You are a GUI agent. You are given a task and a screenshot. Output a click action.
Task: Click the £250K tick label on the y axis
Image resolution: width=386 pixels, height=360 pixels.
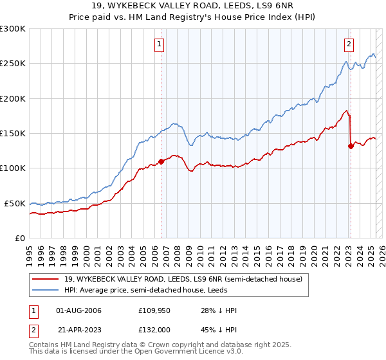tap(13, 64)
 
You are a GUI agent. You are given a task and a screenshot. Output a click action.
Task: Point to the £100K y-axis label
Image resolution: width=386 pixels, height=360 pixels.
tap(13, 168)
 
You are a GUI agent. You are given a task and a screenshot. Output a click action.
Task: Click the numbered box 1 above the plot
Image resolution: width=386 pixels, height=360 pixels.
tap(159, 44)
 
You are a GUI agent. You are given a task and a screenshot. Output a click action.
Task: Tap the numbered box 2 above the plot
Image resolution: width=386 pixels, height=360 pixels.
tap(348, 44)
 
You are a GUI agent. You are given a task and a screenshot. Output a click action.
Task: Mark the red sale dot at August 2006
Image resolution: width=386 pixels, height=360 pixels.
tap(161, 161)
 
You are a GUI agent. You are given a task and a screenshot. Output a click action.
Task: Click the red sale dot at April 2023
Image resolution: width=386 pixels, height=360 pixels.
tap(351, 146)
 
